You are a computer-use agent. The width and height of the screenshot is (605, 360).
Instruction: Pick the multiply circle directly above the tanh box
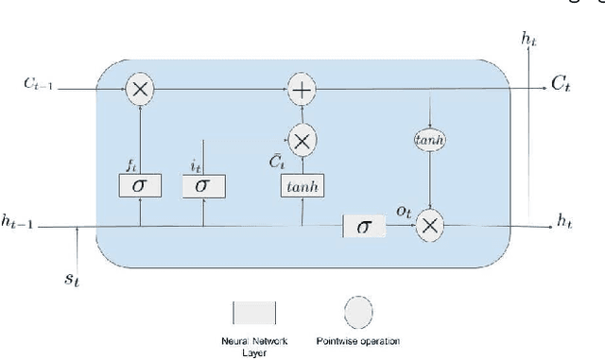click(302, 142)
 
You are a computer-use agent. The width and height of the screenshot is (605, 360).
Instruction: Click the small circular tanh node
click(430, 140)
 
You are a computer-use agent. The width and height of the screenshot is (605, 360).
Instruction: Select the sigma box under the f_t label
click(139, 186)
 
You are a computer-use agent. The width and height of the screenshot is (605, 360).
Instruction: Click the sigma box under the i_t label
click(200, 186)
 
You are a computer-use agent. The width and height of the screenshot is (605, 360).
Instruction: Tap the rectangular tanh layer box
click(302, 186)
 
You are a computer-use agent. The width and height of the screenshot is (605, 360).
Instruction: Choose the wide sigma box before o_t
click(364, 225)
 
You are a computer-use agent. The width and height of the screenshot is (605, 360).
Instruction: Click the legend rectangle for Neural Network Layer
click(253, 314)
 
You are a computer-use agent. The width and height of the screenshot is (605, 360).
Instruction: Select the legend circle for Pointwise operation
click(358, 312)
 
